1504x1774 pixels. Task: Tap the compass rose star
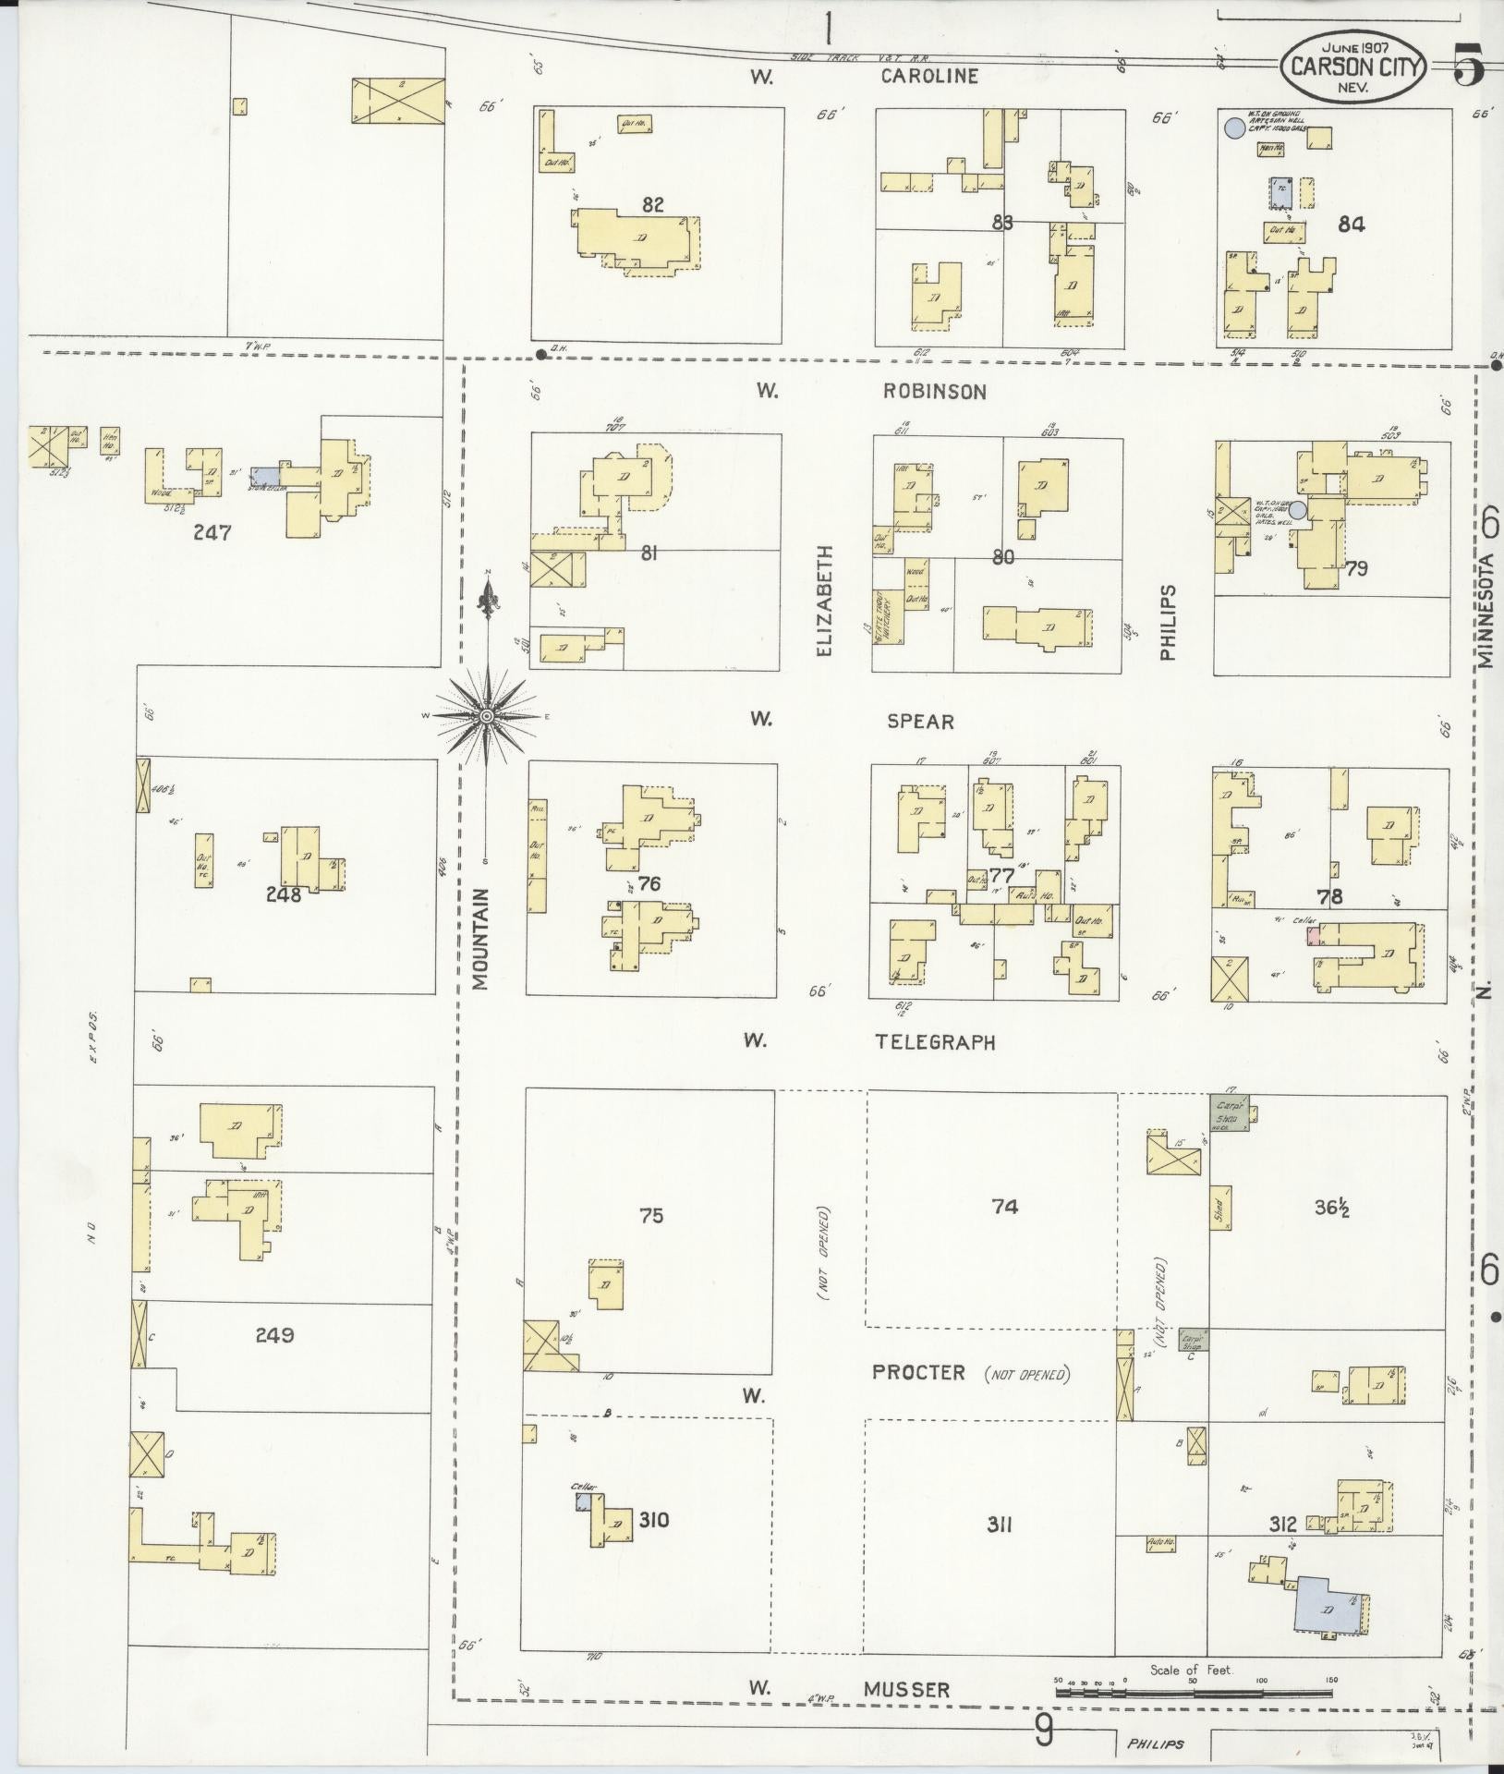coord(487,716)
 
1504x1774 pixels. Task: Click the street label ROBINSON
coord(934,392)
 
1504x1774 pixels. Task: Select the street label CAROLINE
coord(928,76)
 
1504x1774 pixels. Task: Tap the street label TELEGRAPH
coord(936,1042)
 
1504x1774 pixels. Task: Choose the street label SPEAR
coord(920,722)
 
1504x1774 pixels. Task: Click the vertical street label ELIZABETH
coord(824,601)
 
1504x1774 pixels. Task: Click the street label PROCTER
coord(918,1373)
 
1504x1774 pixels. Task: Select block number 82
coord(652,204)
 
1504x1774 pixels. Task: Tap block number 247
coord(212,532)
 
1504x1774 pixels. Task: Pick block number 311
coord(999,1525)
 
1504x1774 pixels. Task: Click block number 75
coord(651,1215)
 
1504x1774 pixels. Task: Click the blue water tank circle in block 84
coord(1232,128)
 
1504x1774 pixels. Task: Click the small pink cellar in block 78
coord(1311,935)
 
